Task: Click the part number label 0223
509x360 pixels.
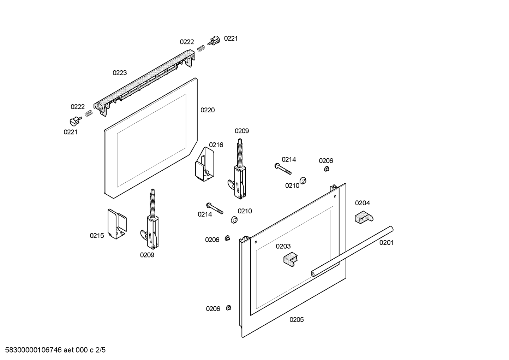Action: click(120, 73)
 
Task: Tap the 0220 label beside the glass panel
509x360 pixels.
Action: click(208, 110)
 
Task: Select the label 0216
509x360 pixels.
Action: click(216, 145)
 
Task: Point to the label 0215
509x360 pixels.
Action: click(97, 236)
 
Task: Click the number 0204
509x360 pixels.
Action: click(363, 203)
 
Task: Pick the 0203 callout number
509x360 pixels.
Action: click(283, 246)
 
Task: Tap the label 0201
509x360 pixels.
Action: click(386, 243)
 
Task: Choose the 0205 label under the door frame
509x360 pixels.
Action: click(297, 320)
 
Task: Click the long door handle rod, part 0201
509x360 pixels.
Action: click(352, 252)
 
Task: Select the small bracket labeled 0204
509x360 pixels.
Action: click(364, 217)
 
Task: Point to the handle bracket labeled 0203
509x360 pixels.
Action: click(291, 259)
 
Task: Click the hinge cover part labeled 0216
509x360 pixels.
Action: click(204, 164)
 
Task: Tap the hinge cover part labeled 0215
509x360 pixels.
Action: click(117, 224)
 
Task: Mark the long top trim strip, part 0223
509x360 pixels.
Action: click(144, 83)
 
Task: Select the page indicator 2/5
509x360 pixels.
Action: click(101, 350)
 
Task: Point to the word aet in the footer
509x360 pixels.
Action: click(68, 350)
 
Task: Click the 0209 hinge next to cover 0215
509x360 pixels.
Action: click(150, 219)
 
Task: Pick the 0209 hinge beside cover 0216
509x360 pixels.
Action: click(237, 169)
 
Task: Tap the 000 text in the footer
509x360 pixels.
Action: click(82, 350)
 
